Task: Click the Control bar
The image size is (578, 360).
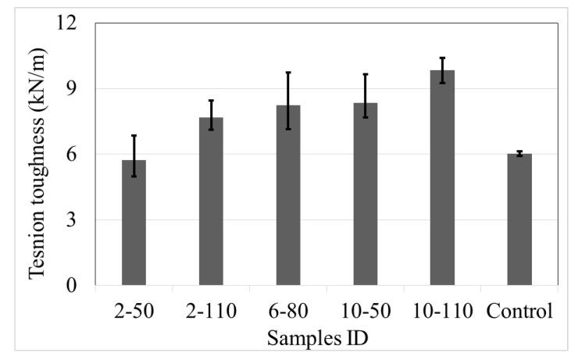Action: point(519,219)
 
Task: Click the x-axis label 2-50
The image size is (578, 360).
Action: point(134,311)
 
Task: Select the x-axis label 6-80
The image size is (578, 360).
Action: point(288,311)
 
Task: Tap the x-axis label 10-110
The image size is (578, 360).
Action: point(442,311)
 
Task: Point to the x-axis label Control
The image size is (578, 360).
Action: point(519,311)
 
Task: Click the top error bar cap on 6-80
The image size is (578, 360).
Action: point(288,73)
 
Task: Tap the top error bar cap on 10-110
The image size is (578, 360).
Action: point(442,58)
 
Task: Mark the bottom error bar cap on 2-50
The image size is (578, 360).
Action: point(134,176)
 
